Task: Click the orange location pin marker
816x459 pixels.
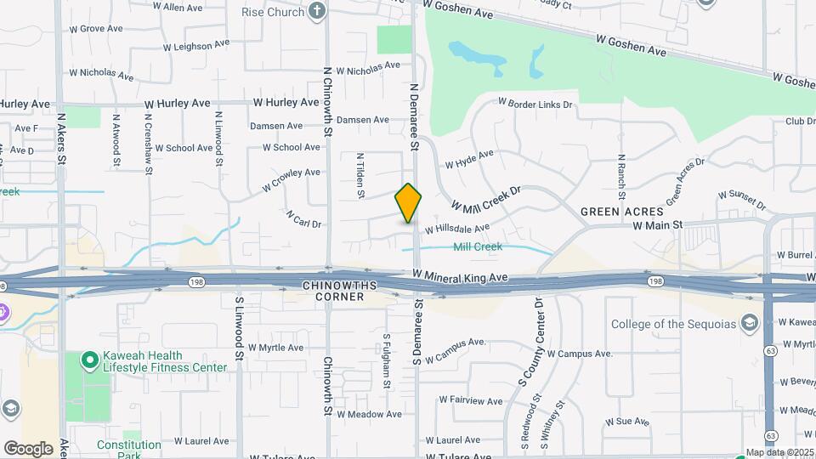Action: pos(409,202)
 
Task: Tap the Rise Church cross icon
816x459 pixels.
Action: pos(317,11)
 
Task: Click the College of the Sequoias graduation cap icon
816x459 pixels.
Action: pos(749,323)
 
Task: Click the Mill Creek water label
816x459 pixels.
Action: pos(477,247)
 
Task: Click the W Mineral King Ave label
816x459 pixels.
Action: pos(460,276)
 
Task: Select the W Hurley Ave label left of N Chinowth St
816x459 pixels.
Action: pos(177,103)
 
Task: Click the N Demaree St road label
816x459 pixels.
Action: pos(415,117)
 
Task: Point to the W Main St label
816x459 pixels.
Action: pos(658,225)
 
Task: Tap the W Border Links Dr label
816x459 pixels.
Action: pos(541,105)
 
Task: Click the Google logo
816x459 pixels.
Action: pos(28,448)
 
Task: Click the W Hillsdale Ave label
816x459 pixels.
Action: pos(457,229)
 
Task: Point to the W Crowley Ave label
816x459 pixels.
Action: pos(291,178)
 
